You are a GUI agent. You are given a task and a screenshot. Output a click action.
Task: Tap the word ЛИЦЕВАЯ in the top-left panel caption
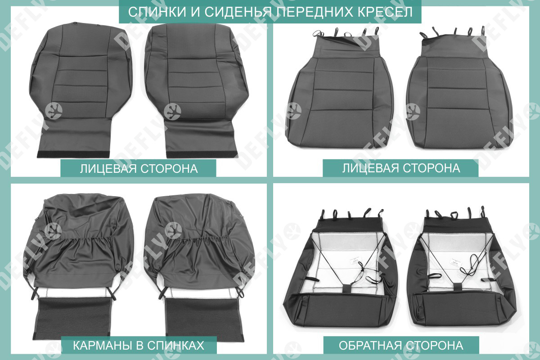point(108,169)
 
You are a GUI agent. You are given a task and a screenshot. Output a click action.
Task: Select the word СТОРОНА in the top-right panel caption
point(432,168)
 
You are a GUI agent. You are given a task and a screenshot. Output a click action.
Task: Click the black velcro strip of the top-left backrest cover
point(73,154)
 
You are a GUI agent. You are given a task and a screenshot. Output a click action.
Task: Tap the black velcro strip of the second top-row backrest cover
point(202,154)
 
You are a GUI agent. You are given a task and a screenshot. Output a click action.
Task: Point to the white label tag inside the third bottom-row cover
point(355,261)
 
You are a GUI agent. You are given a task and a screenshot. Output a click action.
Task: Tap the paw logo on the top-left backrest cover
point(54,111)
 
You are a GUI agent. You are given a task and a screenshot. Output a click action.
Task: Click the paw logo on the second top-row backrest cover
point(172,112)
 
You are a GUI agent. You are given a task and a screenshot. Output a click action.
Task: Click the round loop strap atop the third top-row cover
point(318,33)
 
